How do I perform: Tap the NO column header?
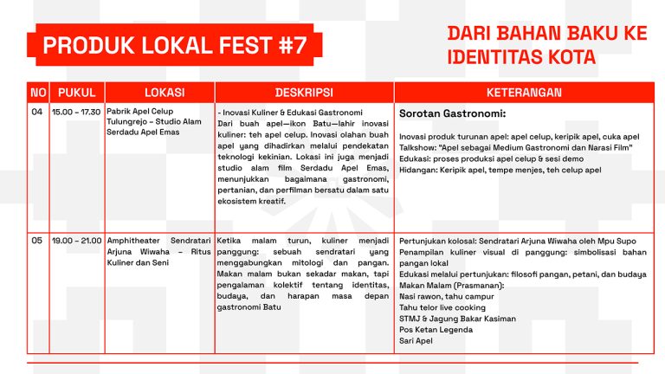[38, 93]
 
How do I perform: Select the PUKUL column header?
[77, 93]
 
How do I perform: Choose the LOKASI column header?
[158, 93]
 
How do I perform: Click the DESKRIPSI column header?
[303, 93]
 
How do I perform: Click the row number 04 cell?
[38, 113]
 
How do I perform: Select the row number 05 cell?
[38, 240]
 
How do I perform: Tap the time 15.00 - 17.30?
[77, 113]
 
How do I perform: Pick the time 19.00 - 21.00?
[77, 240]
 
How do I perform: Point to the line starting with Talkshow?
[516, 147]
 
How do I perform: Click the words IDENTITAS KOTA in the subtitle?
[521, 58]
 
